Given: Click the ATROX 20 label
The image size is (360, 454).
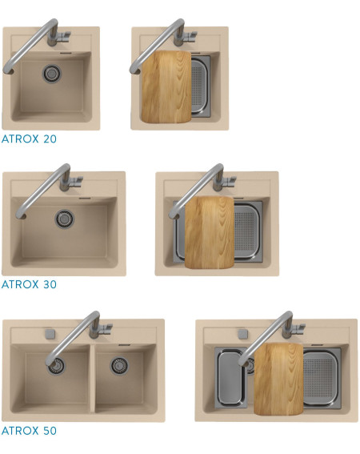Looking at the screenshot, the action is click(x=29, y=139).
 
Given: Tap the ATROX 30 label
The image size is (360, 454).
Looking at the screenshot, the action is click(x=29, y=284).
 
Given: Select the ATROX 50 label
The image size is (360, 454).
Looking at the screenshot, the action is click(x=29, y=431).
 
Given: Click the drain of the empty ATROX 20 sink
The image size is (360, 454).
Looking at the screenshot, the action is click(x=52, y=73).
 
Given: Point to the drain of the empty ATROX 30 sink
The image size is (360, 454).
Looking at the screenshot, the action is click(x=65, y=219).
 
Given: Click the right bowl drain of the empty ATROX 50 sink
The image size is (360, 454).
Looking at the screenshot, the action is click(x=119, y=366).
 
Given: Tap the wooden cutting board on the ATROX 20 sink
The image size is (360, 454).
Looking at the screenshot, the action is click(x=166, y=86).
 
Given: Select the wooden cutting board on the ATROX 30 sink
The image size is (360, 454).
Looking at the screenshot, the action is click(x=209, y=232).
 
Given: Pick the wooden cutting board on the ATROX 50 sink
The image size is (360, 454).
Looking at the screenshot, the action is click(x=278, y=379).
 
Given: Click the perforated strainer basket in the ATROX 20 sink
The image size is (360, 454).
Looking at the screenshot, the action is click(x=201, y=86).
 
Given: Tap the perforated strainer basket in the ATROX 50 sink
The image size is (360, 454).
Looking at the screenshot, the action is click(x=322, y=378).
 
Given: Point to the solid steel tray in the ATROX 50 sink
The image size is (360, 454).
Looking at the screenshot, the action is click(x=231, y=378).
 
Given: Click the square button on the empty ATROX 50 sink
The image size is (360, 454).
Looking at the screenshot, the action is click(x=50, y=334).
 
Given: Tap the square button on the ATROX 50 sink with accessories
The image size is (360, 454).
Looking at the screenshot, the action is click(x=242, y=334).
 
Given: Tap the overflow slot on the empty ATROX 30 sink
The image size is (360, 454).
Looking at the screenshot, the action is click(x=85, y=199).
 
